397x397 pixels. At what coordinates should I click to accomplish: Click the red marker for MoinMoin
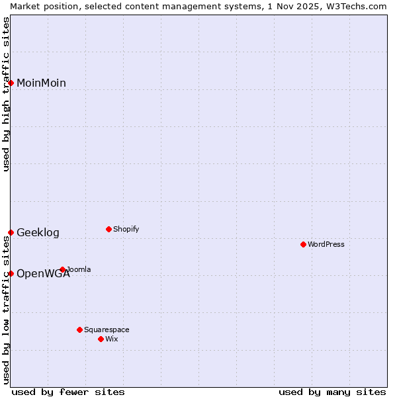pyautogui.click(x=11, y=83)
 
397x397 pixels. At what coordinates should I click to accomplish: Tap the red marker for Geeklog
pyautogui.click(x=11, y=232)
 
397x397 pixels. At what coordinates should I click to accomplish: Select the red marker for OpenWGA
pyautogui.click(x=11, y=273)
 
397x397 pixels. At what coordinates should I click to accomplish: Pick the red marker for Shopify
pyautogui.click(x=109, y=229)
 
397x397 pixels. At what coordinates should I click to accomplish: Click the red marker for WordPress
pyautogui.click(x=303, y=244)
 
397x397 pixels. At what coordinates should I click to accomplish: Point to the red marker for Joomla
pyautogui.click(x=62, y=269)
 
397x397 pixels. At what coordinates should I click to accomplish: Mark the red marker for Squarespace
pyautogui.click(x=79, y=330)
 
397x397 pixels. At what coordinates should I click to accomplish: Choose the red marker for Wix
pyautogui.click(x=101, y=339)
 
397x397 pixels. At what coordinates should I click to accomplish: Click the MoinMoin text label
pyautogui.click(x=41, y=83)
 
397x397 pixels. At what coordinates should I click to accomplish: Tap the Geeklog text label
pyautogui.click(x=38, y=232)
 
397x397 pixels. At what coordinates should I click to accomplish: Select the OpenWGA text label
pyautogui.click(x=43, y=273)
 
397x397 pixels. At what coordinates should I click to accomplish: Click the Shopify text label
pyautogui.click(x=126, y=229)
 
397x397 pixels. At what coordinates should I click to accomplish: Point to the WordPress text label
pyautogui.click(x=326, y=244)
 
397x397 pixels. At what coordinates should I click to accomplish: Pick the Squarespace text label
pyautogui.click(x=107, y=330)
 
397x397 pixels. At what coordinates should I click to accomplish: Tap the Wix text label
pyautogui.click(x=112, y=339)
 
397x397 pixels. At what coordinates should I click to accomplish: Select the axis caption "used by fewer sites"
pyautogui.click(x=68, y=392)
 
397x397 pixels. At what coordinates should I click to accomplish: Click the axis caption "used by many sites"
pyautogui.click(x=332, y=392)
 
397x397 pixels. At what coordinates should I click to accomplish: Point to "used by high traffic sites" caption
pyautogui.click(x=6, y=94)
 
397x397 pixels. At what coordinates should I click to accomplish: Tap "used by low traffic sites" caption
pyautogui.click(x=6, y=310)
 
